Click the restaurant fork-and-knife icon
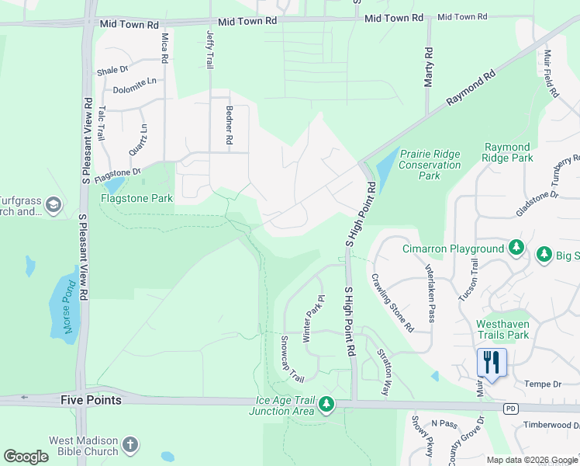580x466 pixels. pos(492,363)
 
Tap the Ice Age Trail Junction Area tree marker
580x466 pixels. pos(326,404)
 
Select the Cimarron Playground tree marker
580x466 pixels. pos(516,249)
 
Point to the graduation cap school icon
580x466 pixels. pos(53,205)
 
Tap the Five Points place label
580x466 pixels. pos(91,400)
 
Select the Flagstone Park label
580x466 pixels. pos(136,199)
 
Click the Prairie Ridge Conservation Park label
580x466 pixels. pos(430,165)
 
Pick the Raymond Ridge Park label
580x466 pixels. pos(508,152)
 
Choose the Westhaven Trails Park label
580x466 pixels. pos(502,329)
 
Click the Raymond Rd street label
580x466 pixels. pos(470,92)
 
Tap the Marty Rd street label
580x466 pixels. pos(427,61)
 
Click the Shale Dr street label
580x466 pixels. pos(112,70)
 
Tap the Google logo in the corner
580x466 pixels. pos(26,457)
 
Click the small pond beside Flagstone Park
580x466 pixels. pos(113,186)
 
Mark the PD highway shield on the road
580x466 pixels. pos(509,409)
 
